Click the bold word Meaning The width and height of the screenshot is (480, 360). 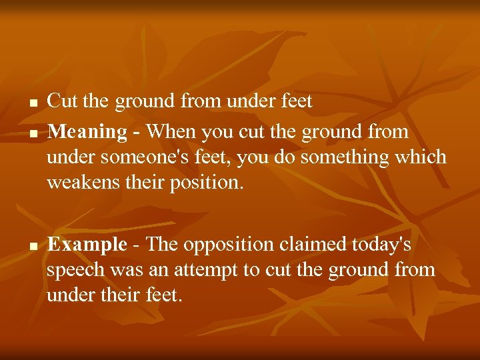pyautogui.click(x=87, y=132)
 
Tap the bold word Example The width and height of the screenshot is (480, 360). pyautogui.click(x=87, y=245)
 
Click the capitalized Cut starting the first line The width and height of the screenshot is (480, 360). pyautogui.click(x=63, y=101)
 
